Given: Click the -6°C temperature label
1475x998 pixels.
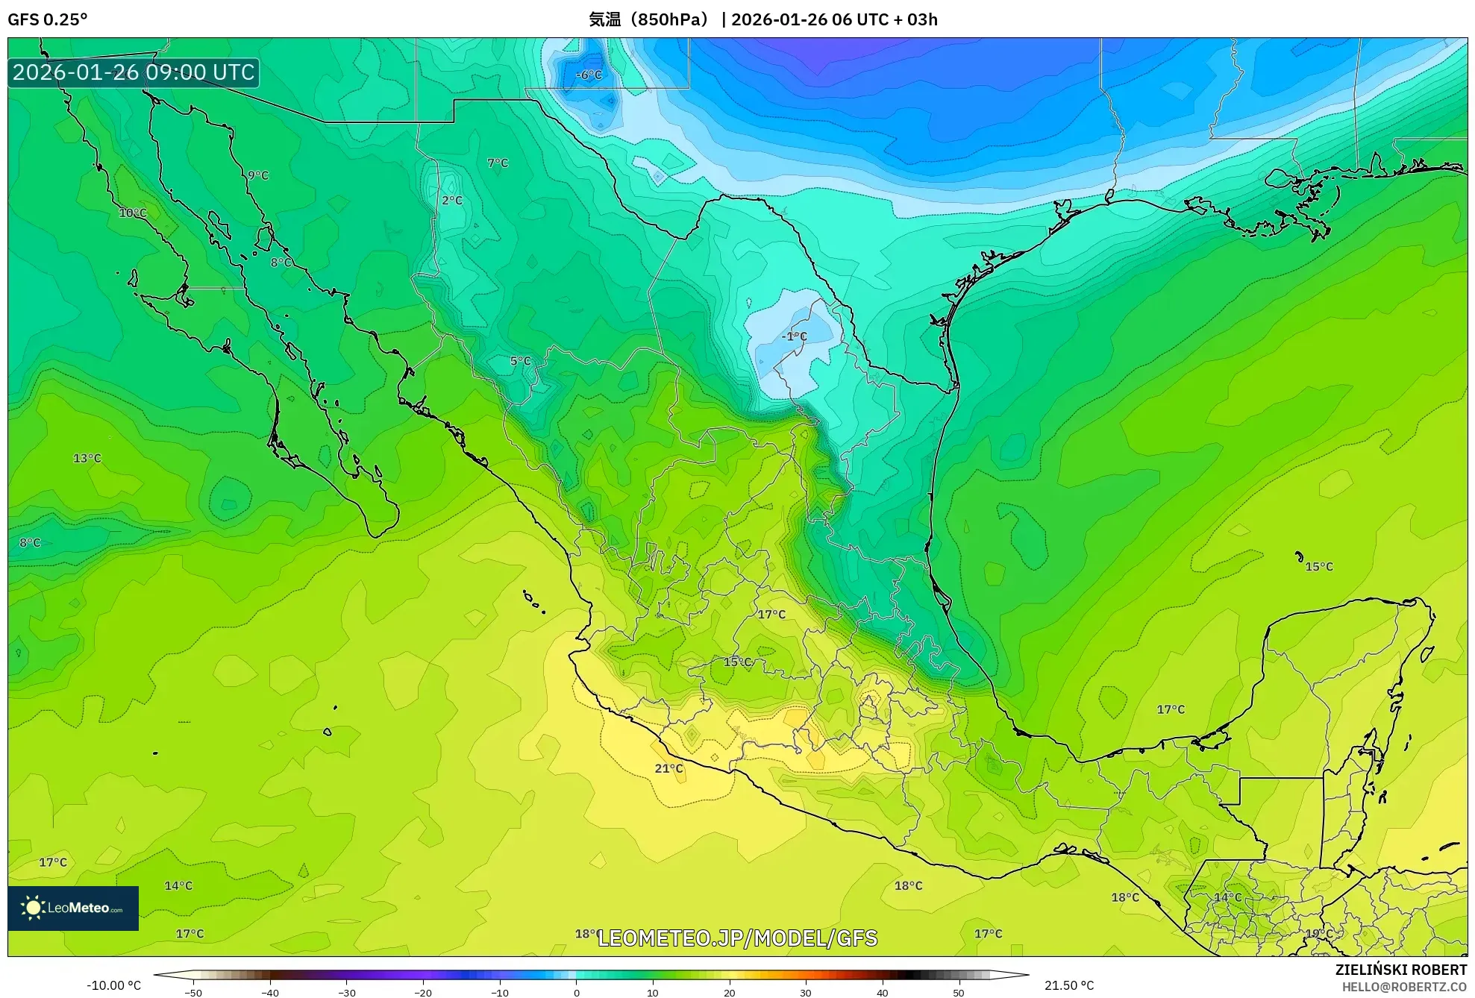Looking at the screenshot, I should tap(589, 75).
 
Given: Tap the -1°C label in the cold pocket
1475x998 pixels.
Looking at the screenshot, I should tap(794, 336).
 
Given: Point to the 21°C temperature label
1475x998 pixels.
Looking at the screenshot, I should tap(668, 768).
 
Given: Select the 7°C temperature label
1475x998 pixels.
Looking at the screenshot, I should tap(498, 163).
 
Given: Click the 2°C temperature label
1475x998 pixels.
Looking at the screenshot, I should tap(452, 200).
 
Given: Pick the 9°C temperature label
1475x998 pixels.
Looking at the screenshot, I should tap(258, 175).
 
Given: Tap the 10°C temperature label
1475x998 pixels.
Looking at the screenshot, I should tap(133, 213).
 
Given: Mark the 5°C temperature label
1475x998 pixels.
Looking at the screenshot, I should tap(520, 361).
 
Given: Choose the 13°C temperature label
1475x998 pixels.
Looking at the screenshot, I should tap(87, 458).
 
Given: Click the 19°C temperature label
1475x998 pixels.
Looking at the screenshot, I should tap(1318, 933).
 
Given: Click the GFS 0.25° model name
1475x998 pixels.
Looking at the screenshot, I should tap(47, 19).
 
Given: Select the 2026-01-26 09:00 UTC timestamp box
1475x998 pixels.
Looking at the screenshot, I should tap(134, 72).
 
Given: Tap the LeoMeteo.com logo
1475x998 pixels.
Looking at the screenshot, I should tap(73, 908).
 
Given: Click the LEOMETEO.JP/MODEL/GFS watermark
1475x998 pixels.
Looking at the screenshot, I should tap(737, 938).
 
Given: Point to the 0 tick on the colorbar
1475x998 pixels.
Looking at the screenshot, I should tap(576, 992).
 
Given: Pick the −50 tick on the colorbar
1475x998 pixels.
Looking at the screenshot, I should tap(193, 992).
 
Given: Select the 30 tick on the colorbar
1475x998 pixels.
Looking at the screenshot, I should tap(806, 992).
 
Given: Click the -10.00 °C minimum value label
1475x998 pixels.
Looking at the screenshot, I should tap(113, 985).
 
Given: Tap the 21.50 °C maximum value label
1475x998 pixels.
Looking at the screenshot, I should tap(1069, 985).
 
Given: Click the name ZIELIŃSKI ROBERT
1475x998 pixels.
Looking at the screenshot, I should tap(1400, 970).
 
